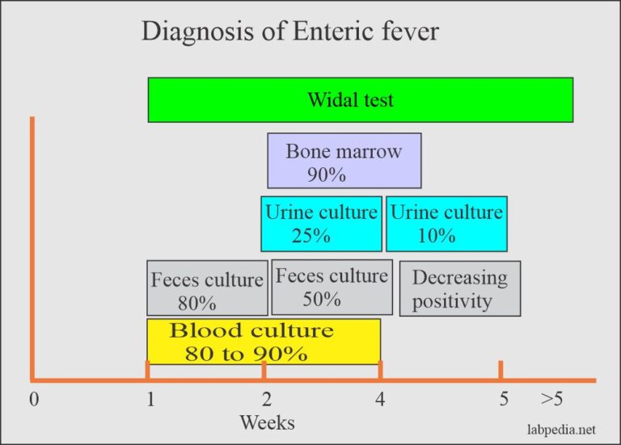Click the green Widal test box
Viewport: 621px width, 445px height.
tap(361, 99)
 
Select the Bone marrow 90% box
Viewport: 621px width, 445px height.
tap(344, 161)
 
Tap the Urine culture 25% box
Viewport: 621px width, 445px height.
tap(321, 224)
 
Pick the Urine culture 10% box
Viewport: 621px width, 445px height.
tap(446, 224)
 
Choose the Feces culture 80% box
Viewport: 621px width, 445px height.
tap(207, 288)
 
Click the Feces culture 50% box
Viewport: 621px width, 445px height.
tap(332, 288)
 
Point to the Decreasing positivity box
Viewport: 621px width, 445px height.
tap(460, 288)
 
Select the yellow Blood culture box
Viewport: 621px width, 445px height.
tap(264, 342)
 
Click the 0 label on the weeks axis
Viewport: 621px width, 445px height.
tap(35, 399)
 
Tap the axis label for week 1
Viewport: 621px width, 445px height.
tap(150, 399)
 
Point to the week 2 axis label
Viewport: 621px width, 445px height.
tap(267, 399)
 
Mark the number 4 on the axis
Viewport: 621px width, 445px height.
tap(380, 399)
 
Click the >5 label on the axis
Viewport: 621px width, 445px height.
tap(551, 399)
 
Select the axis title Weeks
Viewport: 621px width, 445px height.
tap(268, 422)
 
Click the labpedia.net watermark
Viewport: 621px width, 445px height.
tap(561, 429)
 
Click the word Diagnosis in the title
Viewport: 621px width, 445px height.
tap(197, 31)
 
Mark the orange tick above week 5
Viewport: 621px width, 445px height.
tap(501, 370)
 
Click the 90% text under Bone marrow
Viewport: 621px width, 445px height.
tap(327, 174)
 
